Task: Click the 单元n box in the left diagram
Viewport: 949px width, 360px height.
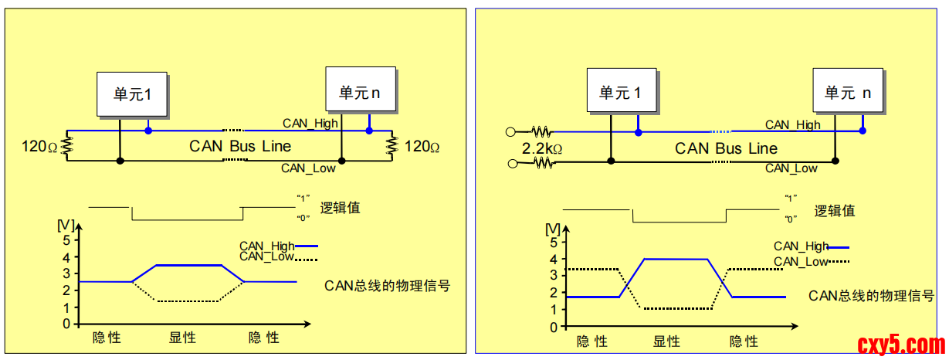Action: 360,93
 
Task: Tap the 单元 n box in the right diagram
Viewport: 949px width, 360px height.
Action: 847,93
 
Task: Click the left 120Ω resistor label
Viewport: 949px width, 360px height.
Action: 39,146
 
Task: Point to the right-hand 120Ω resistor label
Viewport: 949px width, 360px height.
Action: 422,146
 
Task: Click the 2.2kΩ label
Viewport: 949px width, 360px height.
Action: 541,148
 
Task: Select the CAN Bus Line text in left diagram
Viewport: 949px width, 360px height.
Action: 240,146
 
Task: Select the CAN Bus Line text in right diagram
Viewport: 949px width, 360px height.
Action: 726,148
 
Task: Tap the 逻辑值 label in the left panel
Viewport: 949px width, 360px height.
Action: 340,208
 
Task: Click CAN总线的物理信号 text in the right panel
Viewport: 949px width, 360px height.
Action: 871,295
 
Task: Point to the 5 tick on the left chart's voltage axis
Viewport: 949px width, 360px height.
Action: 66,240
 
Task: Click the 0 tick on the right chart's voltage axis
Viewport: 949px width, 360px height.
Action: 553,327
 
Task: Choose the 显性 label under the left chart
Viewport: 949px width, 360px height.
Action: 182,338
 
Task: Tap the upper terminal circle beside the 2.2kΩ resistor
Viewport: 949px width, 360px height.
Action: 510,131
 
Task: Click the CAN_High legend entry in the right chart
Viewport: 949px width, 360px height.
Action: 801,246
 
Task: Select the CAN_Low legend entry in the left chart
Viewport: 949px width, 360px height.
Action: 267,256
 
